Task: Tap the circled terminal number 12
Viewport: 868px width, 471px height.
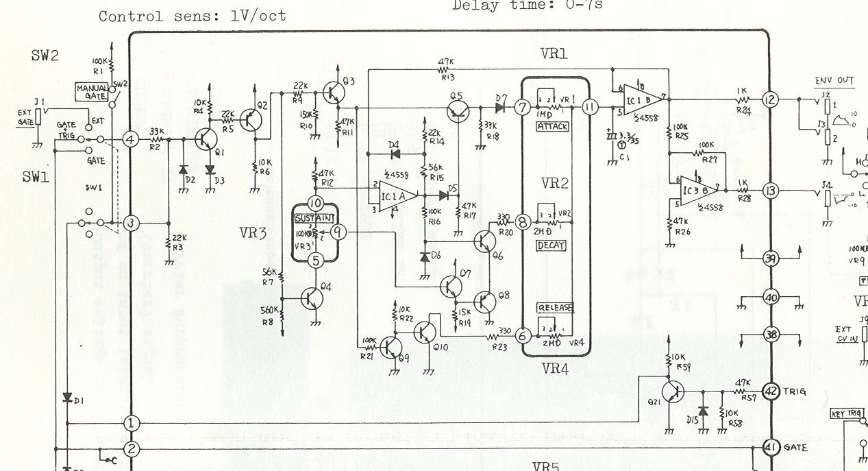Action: [x=770, y=100]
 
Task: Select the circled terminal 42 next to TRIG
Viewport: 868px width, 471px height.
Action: [x=771, y=391]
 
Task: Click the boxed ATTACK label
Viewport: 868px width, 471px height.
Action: [x=552, y=127]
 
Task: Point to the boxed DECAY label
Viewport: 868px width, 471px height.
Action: [x=552, y=245]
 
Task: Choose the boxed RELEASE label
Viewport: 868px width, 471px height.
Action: [x=555, y=307]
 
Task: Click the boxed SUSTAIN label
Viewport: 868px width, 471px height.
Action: [x=314, y=218]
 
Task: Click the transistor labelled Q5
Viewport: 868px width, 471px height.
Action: [x=457, y=110]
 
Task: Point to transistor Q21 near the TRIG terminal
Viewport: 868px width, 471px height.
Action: [x=673, y=391]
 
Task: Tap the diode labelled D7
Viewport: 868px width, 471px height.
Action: [x=500, y=107]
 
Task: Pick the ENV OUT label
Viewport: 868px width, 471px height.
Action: [x=834, y=81]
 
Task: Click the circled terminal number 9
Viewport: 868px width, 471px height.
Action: [x=338, y=232]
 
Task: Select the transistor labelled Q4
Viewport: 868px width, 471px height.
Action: [x=312, y=298]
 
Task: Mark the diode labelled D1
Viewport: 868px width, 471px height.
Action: [x=67, y=397]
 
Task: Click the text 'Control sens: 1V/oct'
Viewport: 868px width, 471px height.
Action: [x=192, y=16]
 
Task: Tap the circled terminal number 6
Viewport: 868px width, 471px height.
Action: [x=523, y=336]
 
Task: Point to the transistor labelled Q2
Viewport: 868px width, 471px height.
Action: [x=251, y=120]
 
